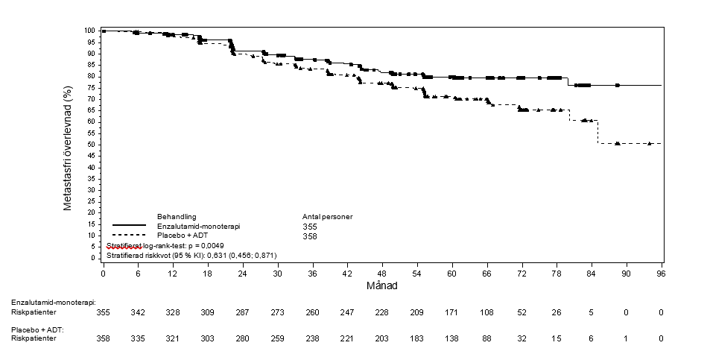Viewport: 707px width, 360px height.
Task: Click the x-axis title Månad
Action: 381,285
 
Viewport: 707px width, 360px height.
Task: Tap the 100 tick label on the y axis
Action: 89,31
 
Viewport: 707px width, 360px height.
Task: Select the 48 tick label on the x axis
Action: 381,274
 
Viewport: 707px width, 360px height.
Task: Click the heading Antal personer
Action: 323,216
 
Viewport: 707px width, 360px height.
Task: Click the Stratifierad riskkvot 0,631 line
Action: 191,255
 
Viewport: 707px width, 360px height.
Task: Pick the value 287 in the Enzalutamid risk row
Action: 241,312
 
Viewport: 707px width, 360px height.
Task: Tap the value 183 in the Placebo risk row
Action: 416,339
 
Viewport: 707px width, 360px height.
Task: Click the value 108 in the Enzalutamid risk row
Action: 486,312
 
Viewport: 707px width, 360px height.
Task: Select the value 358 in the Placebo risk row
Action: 103,339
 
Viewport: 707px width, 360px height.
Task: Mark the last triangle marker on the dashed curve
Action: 650,143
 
